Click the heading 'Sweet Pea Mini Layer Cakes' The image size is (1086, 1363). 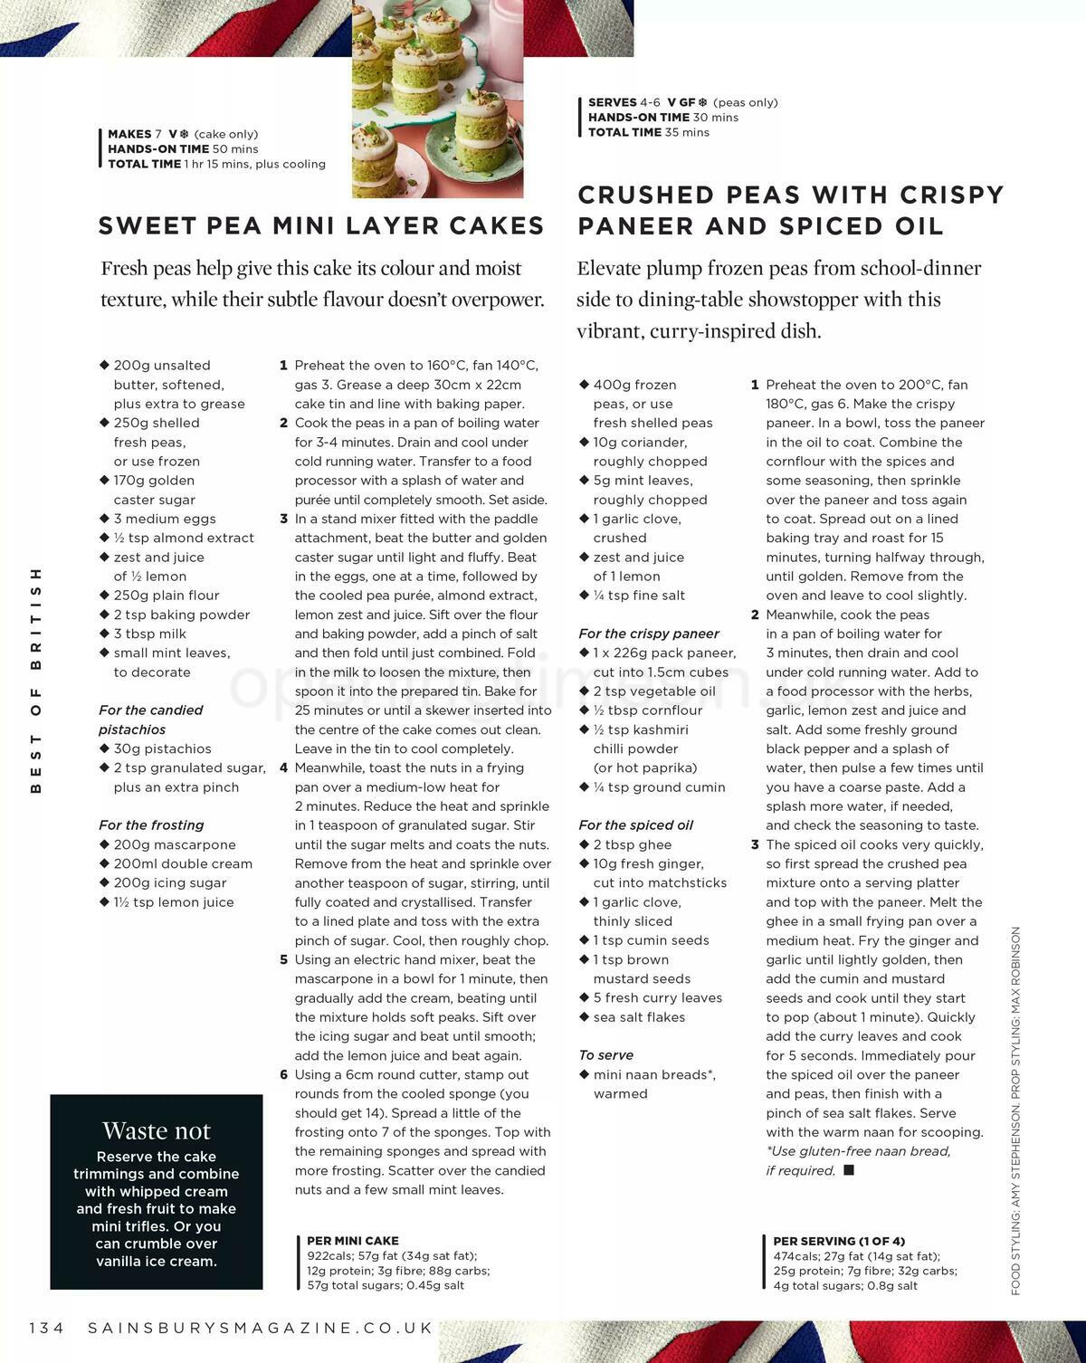point(321,225)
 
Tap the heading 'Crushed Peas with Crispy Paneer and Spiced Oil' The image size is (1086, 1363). point(790,210)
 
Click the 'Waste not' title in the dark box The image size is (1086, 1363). point(156,1130)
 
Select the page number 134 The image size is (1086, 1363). point(47,1328)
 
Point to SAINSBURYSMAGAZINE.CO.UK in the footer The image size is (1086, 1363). point(261,1328)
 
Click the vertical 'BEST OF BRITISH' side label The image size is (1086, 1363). point(36,680)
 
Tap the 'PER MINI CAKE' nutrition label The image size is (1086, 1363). point(352,1241)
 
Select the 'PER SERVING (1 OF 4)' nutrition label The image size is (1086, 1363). point(838,1241)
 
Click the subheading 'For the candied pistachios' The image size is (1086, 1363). point(150,720)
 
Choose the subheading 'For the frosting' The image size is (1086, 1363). point(151,824)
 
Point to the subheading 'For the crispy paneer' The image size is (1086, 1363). point(648,634)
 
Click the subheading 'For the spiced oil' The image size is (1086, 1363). point(635,824)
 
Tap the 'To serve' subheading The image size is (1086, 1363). point(605,1054)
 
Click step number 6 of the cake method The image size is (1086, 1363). point(283,1074)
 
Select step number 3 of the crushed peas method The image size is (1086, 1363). point(755,844)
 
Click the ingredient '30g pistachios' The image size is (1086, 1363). point(162,748)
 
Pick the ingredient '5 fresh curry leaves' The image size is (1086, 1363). point(657,997)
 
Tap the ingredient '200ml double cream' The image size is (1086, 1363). point(183,863)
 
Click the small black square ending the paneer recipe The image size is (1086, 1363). point(848,1170)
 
